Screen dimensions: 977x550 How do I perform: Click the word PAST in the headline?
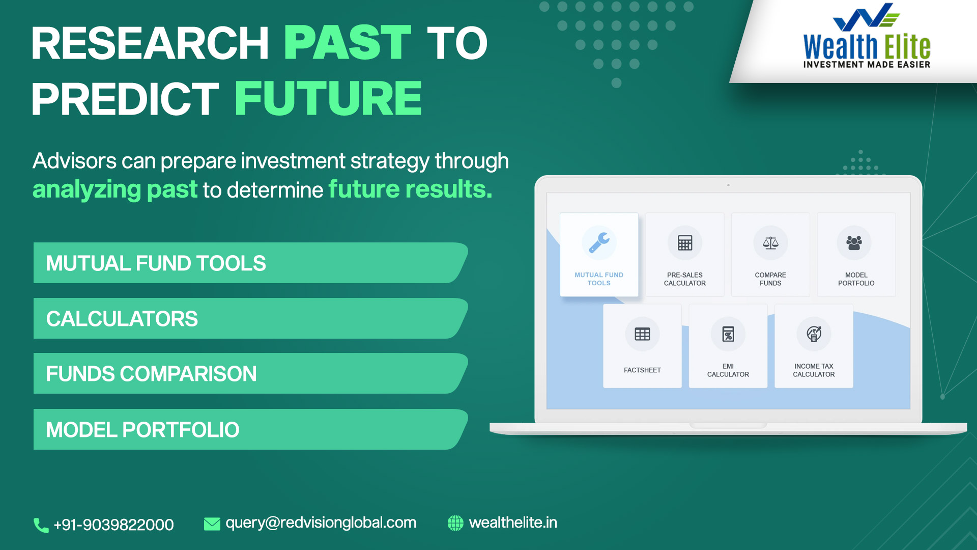coord(348,43)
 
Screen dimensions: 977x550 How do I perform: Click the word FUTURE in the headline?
coord(328,98)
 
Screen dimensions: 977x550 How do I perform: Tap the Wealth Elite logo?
coord(867,36)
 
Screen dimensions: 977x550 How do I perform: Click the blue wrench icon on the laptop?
coord(599,243)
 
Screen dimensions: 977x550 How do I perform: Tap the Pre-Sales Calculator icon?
coord(685,243)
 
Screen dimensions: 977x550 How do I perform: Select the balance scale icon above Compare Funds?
coord(770,243)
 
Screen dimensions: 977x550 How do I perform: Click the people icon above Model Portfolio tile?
coord(854,243)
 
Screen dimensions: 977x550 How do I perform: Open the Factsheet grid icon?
coord(642,334)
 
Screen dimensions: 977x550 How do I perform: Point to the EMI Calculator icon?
coord(728,334)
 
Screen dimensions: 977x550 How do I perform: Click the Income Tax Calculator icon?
coord(814,334)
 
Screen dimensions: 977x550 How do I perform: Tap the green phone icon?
coord(41,525)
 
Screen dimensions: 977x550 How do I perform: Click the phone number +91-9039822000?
coord(113,525)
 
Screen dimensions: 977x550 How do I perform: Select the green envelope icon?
coord(212,524)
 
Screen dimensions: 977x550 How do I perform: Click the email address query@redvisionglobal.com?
coord(321,523)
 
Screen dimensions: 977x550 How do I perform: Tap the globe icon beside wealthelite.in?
coord(455,523)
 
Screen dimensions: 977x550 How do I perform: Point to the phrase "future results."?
coord(410,189)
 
